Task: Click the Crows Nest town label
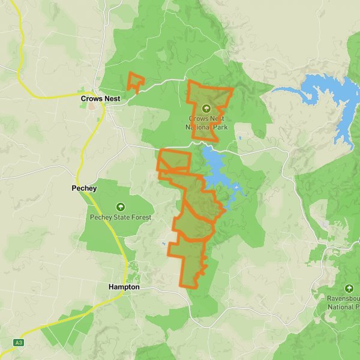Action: click(x=101, y=98)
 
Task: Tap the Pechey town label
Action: click(x=83, y=188)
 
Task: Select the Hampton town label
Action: click(x=124, y=287)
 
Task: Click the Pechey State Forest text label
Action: click(x=121, y=217)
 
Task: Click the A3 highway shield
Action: click(x=20, y=342)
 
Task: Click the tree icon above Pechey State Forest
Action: click(x=121, y=206)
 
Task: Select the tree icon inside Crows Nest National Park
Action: click(x=206, y=109)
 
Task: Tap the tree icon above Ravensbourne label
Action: click(x=349, y=289)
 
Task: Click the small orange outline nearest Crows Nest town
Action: click(x=136, y=83)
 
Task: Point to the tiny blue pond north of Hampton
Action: click(x=163, y=244)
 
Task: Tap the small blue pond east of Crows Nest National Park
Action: click(x=239, y=138)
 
